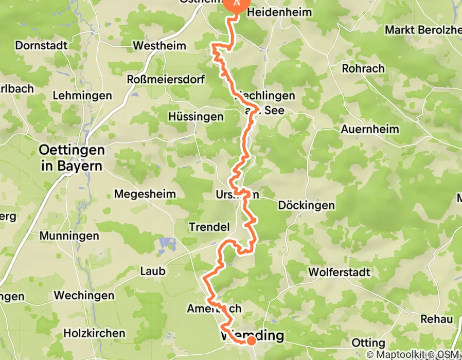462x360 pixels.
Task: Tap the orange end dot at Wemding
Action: point(251,340)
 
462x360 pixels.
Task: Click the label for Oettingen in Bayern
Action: point(72,158)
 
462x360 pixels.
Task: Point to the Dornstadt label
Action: point(41,45)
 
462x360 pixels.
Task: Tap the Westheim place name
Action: point(159,46)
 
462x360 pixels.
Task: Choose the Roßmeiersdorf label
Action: point(166,80)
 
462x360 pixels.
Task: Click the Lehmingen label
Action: point(82,96)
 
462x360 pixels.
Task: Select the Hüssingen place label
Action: point(196,117)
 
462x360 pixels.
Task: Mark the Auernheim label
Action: point(369,129)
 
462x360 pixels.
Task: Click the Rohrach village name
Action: point(364,68)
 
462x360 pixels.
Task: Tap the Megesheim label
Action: point(145,194)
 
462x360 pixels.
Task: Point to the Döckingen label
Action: point(306,205)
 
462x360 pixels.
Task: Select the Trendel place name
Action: point(208,227)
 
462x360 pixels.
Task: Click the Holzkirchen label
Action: point(94,333)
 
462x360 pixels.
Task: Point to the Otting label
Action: point(368,343)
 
